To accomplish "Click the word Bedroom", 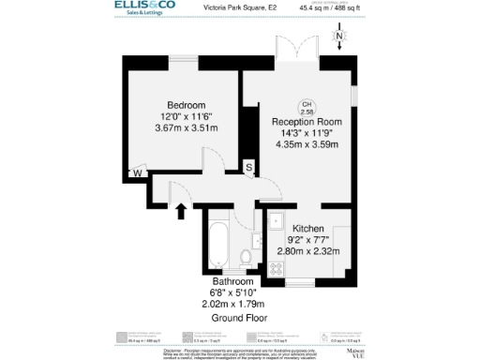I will pos(187,104).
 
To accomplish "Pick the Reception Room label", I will pos(307,122).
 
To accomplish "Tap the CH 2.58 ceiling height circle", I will pos(307,107).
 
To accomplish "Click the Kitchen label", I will pos(308,229).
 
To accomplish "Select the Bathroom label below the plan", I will pos(232,281).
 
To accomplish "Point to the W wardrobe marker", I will pos(136,173).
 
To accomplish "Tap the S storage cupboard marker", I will pos(248,168).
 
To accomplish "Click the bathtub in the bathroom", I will pos(217,245).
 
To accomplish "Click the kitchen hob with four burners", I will pos(277,267).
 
